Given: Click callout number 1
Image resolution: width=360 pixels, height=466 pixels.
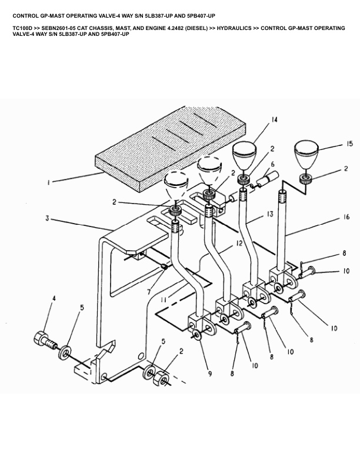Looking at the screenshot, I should pos(49,182).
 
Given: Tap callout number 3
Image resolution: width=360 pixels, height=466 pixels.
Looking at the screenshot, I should pos(46,219).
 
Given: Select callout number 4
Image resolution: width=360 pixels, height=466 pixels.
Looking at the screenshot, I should pos(54,299).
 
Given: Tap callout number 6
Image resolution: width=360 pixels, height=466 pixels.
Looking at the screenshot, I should pos(272,164).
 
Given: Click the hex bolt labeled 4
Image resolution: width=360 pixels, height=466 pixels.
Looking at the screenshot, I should pos(43,339).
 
